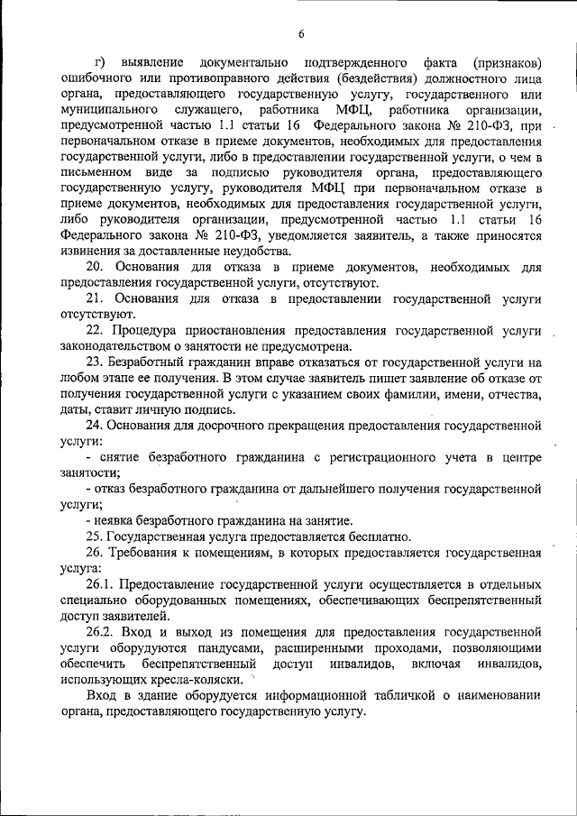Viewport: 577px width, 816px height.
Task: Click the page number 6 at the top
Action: coord(301,34)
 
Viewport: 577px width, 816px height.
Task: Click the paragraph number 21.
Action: coord(95,298)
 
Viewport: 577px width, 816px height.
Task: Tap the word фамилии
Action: coord(405,395)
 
